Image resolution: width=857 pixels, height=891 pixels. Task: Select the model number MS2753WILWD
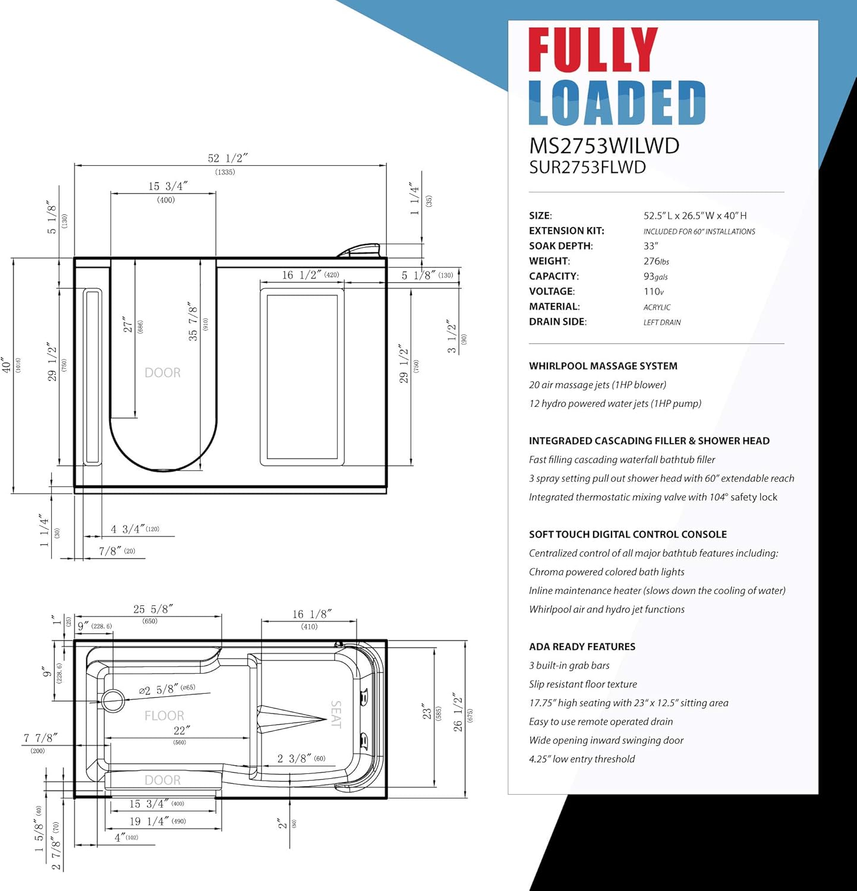604,146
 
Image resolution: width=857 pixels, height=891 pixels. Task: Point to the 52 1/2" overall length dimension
227,159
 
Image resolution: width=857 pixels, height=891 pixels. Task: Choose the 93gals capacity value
656,277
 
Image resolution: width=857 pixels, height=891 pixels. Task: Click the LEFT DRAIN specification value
662,323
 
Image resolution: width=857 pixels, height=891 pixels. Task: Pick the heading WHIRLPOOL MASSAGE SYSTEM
603,366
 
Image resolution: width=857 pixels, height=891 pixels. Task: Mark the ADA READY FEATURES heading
582,647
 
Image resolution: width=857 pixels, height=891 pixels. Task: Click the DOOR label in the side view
162,373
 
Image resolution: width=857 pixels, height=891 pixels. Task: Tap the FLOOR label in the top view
164,716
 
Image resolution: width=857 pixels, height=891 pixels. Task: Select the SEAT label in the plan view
336,714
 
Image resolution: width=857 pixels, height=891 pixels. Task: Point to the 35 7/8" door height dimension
193,321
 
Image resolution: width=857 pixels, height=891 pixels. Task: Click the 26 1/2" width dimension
457,712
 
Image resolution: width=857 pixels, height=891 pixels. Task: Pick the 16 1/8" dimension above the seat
311,614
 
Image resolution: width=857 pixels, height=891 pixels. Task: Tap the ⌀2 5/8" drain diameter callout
159,690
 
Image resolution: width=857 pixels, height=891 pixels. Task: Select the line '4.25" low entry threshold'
582,759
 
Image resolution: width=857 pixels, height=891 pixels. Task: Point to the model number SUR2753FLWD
587,168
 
